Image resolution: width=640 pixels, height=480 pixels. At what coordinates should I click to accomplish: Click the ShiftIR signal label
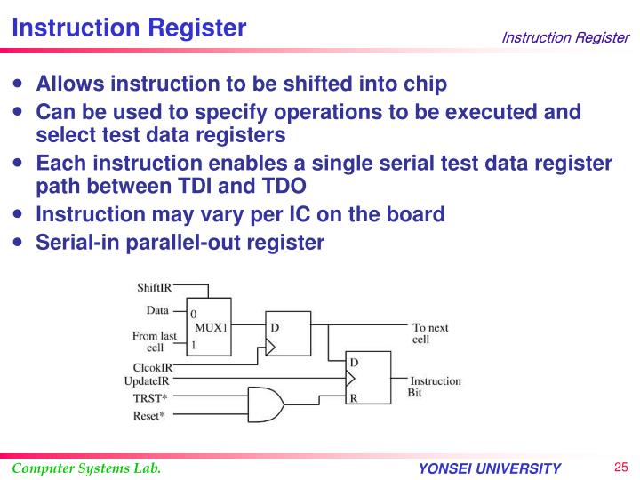(155, 287)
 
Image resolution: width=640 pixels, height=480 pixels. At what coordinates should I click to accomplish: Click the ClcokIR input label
(153, 367)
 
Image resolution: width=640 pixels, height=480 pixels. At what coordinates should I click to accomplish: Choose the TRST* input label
(150, 397)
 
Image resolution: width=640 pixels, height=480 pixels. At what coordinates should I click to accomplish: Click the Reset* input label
(149, 415)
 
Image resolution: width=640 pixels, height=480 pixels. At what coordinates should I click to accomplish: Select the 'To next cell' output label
(430, 333)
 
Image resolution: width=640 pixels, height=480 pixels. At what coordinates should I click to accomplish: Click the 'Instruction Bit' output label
(434, 387)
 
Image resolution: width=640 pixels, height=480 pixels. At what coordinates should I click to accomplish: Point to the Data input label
(157, 310)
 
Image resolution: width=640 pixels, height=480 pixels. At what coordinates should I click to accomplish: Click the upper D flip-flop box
(288, 332)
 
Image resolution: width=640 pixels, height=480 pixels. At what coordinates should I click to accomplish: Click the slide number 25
(620, 468)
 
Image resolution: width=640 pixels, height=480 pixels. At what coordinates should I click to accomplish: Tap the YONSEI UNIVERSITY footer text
(490, 469)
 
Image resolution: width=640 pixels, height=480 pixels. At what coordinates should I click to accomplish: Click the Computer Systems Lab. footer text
(86, 468)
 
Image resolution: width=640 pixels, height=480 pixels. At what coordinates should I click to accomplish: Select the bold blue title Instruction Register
(129, 28)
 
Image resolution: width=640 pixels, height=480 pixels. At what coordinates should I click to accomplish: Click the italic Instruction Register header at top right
(564, 37)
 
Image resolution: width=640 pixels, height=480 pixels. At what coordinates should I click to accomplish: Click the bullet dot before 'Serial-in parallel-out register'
(20, 242)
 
